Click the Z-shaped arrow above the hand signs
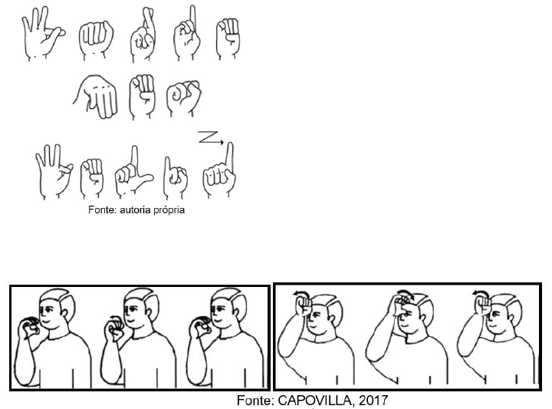coord(211,137)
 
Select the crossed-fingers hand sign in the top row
coord(143,35)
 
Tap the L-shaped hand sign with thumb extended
coord(133,173)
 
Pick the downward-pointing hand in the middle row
coord(96,97)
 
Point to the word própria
coord(169,210)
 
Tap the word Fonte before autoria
coord(102,210)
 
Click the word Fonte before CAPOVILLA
coord(255,401)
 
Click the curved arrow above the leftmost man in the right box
coord(301,293)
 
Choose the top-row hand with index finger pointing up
coord(186,34)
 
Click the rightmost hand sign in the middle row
coord(183,97)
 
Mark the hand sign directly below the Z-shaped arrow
coord(219,170)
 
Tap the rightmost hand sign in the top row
coord(228,38)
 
